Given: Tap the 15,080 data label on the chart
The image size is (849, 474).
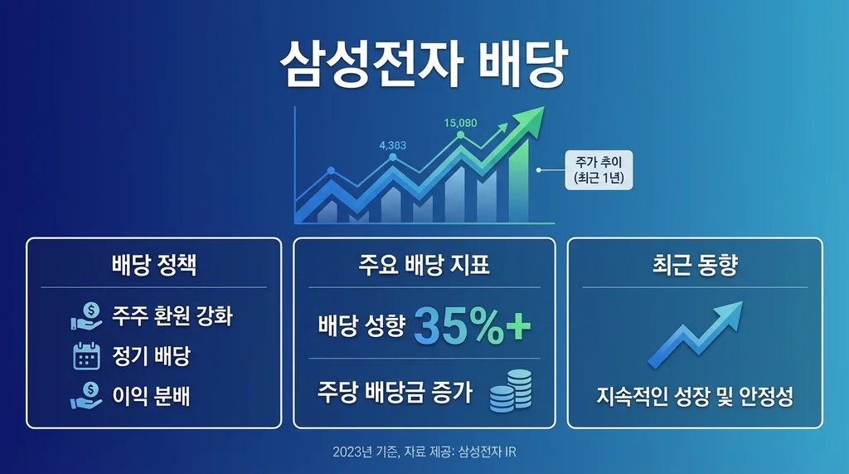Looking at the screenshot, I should pyautogui.click(x=460, y=123).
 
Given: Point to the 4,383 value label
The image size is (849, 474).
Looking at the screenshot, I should pyautogui.click(x=392, y=145).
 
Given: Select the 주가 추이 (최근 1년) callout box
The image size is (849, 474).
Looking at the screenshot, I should pyautogui.click(x=598, y=170).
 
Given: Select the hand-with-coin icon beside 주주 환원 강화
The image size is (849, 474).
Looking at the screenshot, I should pyautogui.click(x=86, y=316).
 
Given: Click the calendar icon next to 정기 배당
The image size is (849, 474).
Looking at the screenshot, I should pyautogui.click(x=86, y=357).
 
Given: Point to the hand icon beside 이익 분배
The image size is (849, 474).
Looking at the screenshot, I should pyautogui.click(x=86, y=396).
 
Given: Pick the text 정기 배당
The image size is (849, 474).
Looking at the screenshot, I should pyautogui.click(x=152, y=357).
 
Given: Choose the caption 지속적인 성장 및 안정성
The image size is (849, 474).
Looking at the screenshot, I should pyautogui.click(x=695, y=397).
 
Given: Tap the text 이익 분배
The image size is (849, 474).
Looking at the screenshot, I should pyautogui.click(x=152, y=396).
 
